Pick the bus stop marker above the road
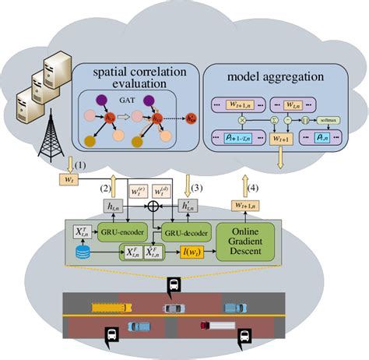click(171, 287)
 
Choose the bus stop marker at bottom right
click(245, 336)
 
